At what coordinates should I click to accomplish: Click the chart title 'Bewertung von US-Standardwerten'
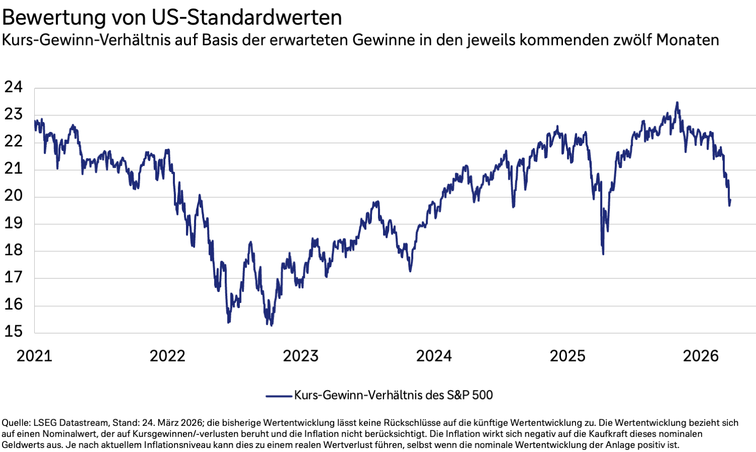(x=172, y=17)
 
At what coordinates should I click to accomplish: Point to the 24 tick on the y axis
(x=14, y=87)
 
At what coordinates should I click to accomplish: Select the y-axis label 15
(x=14, y=331)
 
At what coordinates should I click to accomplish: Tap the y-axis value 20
(x=14, y=196)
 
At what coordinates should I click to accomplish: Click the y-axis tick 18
(x=14, y=250)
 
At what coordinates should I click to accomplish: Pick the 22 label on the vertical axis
(x=14, y=141)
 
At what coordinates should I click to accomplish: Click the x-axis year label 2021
(x=34, y=356)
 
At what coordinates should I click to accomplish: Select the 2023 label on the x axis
(x=300, y=356)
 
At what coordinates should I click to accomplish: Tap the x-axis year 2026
(x=701, y=356)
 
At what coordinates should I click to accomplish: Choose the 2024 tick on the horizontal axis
(x=434, y=356)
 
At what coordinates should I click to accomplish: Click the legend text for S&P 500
(x=393, y=395)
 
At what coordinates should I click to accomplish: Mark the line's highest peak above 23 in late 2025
(x=677, y=103)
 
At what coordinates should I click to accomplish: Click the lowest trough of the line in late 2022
(x=271, y=325)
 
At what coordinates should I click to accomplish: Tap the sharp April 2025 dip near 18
(x=603, y=253)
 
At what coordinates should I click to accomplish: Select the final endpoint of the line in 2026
(x=730, y=200)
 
